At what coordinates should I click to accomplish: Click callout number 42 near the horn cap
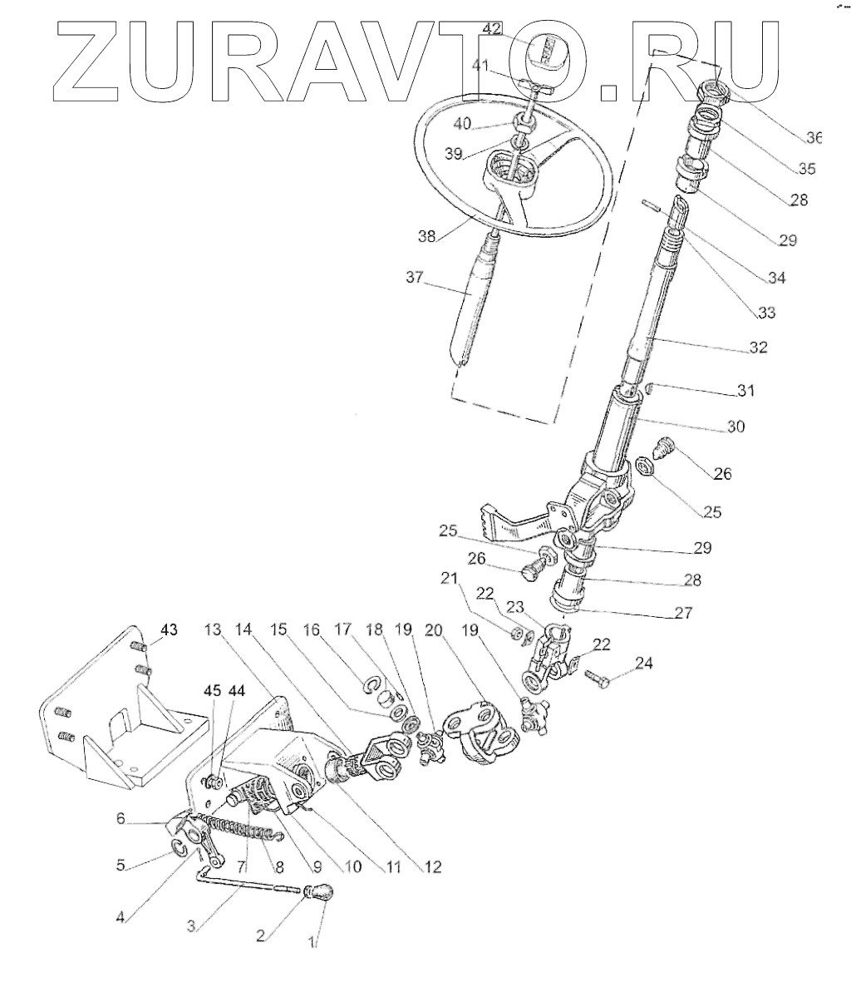click(491, 29)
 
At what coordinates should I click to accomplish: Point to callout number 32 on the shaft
click(757, 348)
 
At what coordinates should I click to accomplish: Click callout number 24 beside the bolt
click(644, 664)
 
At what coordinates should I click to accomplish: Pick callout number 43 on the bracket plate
click(169, 630)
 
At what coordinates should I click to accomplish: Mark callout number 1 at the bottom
click(313, 943)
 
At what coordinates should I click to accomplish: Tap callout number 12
click(431, 866)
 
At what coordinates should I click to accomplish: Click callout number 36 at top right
click(813, 137)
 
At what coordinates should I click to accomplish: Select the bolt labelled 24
click(598, 678)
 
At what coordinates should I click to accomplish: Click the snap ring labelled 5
click(179, 846)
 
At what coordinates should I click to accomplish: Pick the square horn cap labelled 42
click(547, 52)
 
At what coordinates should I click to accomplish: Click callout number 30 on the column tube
click(735, 427)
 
